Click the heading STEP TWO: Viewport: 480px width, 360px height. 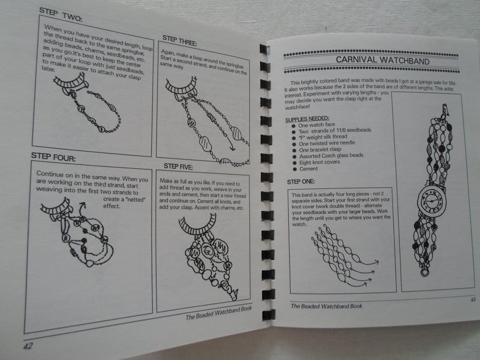click(61, 15)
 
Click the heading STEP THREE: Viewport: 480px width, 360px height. click(179, 41)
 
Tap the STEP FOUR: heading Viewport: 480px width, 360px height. click(53, 157)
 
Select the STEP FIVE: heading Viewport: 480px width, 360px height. click(178, 166)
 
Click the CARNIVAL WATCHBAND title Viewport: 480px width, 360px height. click(382, 60)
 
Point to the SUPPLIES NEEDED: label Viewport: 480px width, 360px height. click(307, 119)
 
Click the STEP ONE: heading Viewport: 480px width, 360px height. click(301, 181)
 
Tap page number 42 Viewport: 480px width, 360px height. click(28, 346)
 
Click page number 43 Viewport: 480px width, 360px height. click(473, 299)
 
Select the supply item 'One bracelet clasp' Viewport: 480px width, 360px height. click(320, 150)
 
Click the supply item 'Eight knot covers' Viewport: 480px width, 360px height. click(319, 162)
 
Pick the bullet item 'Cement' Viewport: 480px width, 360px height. click(308, 169)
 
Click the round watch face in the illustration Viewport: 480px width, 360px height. click(431, 201)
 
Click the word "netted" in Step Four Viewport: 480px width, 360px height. click(136, 199)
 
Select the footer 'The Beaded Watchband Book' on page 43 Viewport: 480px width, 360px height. click(326, 306)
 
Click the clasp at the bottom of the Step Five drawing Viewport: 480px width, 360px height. click(235, 294)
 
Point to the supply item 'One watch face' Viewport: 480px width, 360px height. click(316, 125)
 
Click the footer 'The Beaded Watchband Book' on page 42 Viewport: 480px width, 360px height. click(219, 313)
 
